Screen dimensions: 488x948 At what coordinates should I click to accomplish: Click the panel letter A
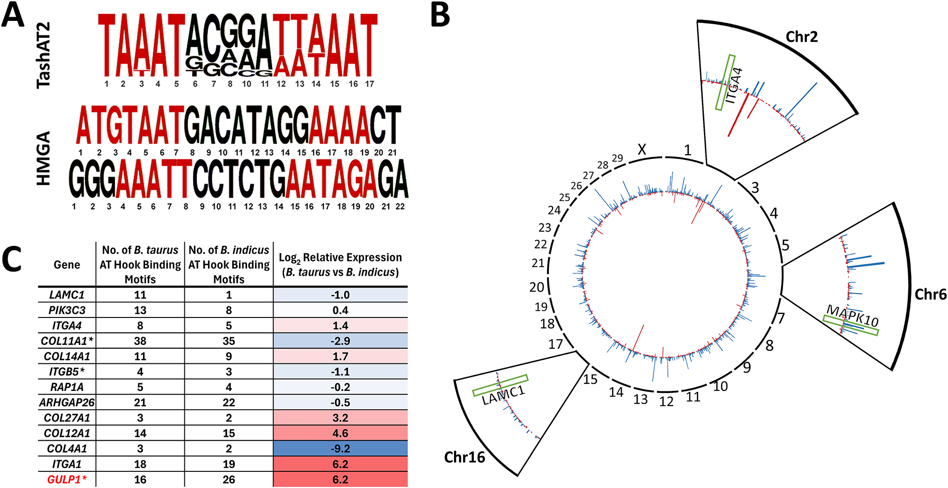click(x=13, y=15)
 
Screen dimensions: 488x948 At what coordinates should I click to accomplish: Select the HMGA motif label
click(x=44, y=158)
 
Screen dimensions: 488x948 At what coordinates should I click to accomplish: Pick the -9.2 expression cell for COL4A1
click(x=340, y=449)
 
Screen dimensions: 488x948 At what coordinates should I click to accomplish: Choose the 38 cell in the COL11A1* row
click(x=140, y=341)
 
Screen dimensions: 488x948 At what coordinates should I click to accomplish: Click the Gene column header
click(x=67, y=265)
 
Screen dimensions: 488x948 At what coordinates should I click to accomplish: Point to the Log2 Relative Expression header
click(x=340, y=265)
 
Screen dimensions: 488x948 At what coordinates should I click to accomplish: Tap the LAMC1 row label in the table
click(x=67, y=295)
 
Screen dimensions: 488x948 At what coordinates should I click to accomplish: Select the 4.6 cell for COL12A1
click(x=340, y=433)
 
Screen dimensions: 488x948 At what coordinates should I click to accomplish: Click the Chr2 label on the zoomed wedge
click(x=802, y=37)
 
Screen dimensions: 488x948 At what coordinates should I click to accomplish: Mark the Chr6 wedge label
click(x=930, y=295)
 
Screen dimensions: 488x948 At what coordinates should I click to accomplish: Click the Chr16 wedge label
click(x=465, y=457)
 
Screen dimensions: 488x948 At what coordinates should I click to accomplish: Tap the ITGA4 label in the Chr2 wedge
click(x=734, y=86)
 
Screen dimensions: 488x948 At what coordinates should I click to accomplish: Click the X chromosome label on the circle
click(x=642, y=150)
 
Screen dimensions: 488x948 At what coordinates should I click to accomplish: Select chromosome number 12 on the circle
click(x=666, y=402)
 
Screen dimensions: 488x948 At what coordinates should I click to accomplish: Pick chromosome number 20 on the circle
click(x=537, y=287)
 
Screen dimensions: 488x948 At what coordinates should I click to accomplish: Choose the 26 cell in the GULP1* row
click(x=229, y=479)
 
